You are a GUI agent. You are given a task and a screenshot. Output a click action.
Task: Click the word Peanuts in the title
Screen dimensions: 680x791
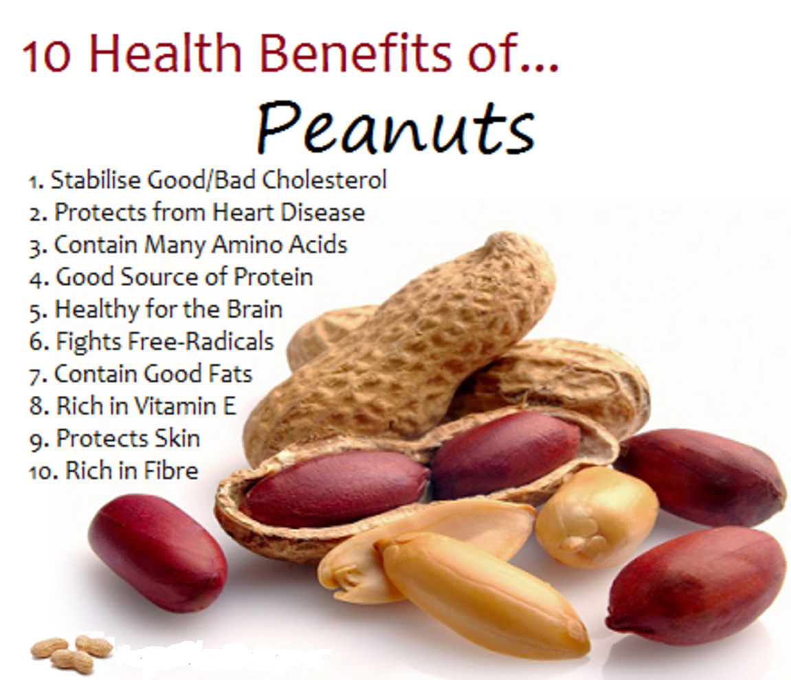[x=395, y=127]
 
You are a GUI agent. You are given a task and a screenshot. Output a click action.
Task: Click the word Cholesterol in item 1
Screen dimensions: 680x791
[x=325, y=180]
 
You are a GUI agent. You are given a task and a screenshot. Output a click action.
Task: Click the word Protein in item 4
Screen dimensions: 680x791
[x=274, y=277]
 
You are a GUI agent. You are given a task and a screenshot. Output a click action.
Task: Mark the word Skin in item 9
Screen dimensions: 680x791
[x=177, y=439]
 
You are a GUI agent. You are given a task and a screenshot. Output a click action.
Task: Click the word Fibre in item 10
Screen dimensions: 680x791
[x=171, y=471]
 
